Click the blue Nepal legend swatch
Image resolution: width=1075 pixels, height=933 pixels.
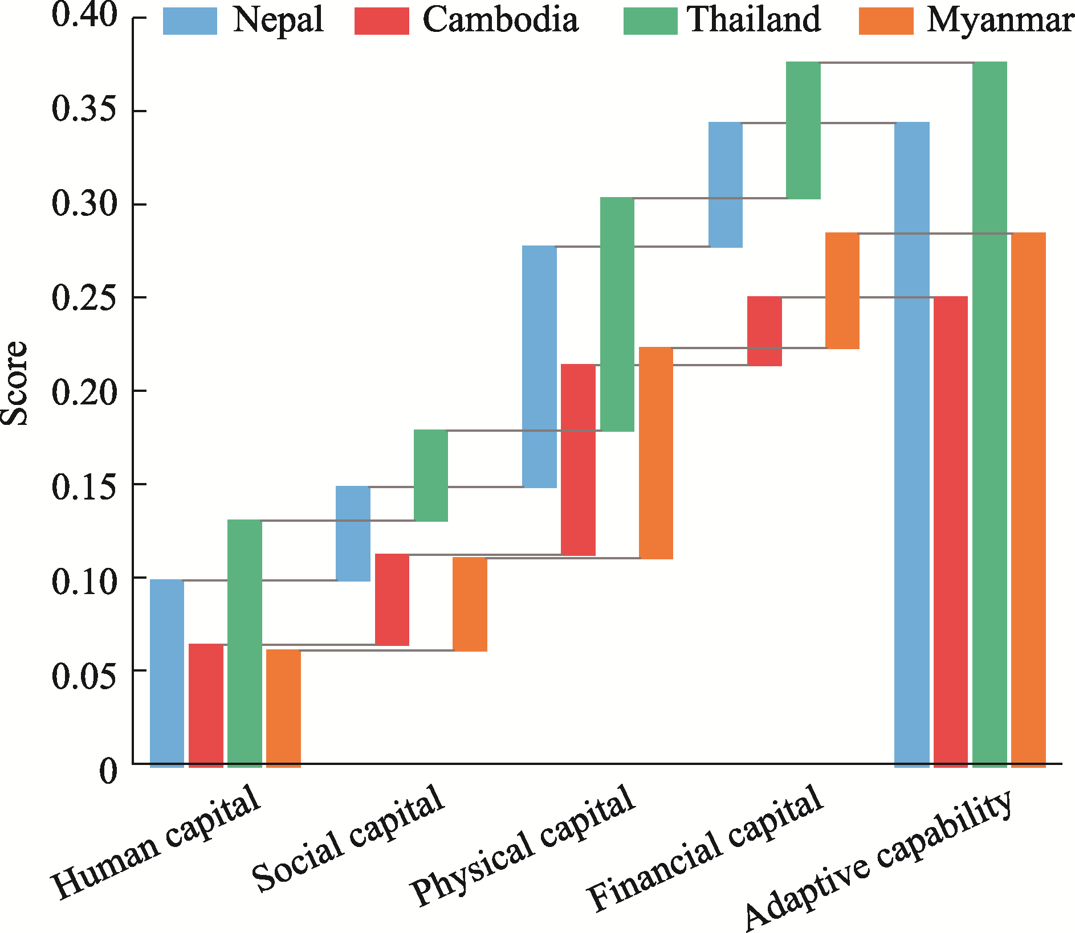click(x=190, y=22)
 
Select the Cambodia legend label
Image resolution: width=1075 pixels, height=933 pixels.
click(x=500, y=21)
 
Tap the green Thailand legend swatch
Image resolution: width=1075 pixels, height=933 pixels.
click(x=650, y=22)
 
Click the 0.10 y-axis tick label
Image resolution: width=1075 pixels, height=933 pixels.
click(x=84, y=582)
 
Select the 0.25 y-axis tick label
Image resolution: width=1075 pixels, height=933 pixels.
click(x=84, y=298)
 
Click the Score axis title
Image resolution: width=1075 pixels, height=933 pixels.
click(x=14, y=383)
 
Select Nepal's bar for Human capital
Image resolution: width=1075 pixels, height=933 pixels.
click(x=167, y=672)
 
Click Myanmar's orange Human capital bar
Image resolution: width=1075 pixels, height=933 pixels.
click(x=283, y=707)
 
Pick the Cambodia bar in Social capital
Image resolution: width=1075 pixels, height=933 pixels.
click(x=392, y=599)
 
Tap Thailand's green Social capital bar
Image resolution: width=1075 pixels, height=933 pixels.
click(x=431, y=475)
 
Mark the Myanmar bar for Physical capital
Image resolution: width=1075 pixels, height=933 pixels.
click(x=656, y=453)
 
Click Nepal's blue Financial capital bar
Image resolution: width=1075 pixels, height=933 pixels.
click(x=726, y=185)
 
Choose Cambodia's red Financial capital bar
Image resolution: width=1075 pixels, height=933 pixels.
click(x=764, y=331)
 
